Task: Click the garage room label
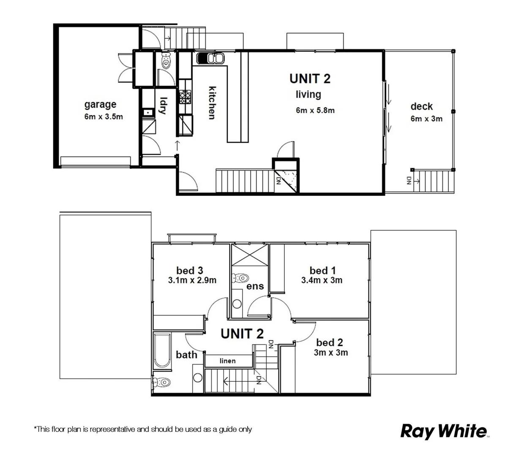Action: (100, 104)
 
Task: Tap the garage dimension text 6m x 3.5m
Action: (104, 117)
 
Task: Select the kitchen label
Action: (212, 103)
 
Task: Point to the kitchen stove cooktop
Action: (185, 97)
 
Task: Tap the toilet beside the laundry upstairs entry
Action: (165, 61)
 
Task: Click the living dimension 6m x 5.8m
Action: (315, 110)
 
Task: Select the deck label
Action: (421, 106)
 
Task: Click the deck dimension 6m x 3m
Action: (426, 119)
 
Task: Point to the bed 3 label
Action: (189, 270)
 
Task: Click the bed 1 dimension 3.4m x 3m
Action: (322, 280)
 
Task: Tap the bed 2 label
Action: (329, 342)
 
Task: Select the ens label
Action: (255, 286)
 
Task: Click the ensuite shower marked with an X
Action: (250, 255)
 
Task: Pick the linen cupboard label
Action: (227, 361)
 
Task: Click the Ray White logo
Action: (443, 431)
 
